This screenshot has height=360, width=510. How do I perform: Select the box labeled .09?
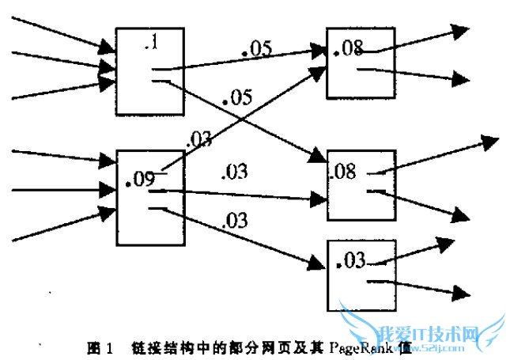tap(150, 197)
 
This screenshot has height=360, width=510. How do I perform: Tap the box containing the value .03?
tap(361, 277)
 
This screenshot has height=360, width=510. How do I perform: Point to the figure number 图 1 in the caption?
tap(100, 347)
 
